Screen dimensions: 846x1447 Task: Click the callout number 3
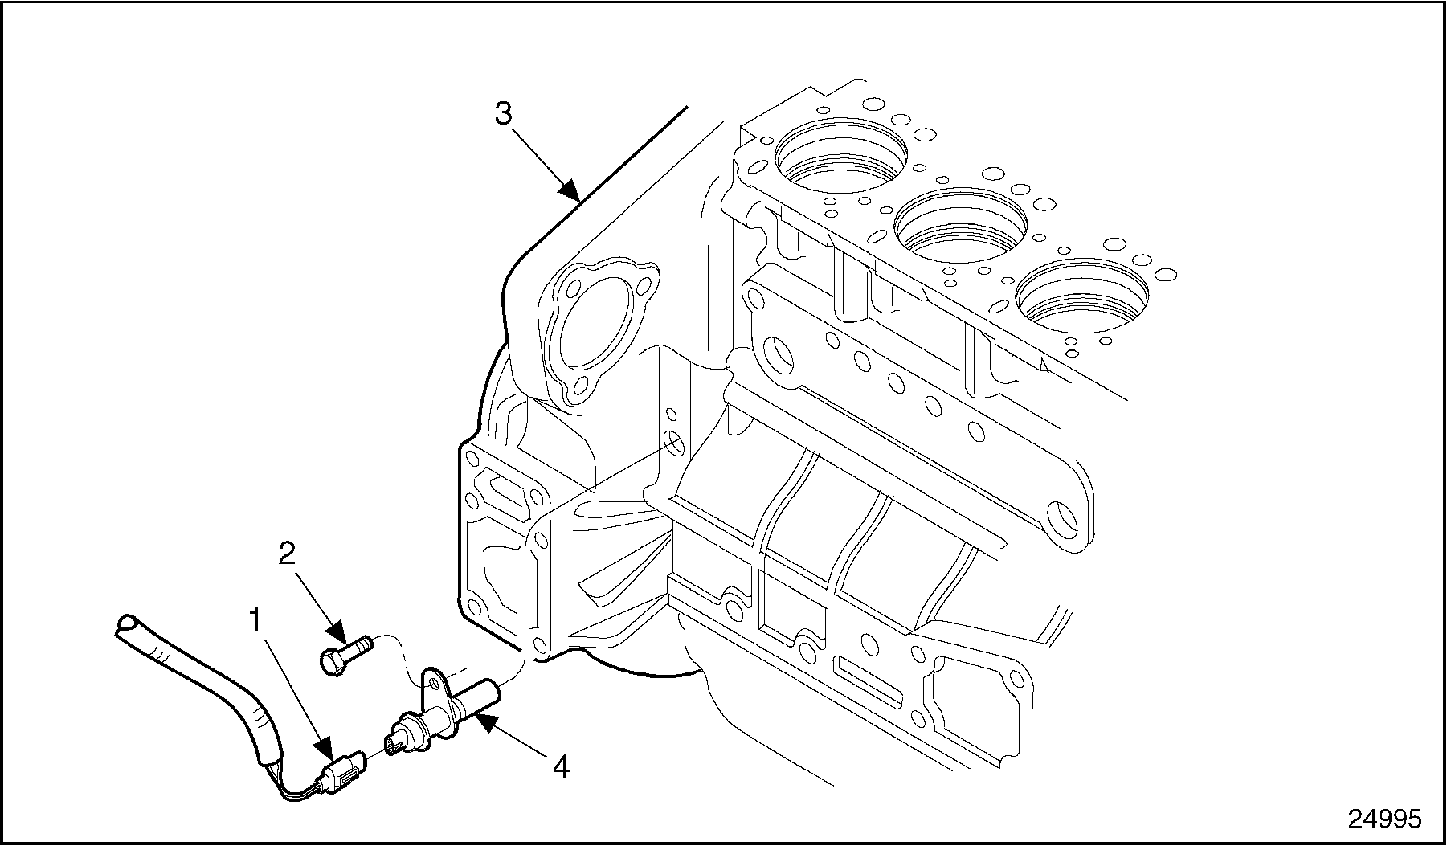(503, 113)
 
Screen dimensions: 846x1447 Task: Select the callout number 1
(255, 620)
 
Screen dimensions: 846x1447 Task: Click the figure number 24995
(1384, 819)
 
